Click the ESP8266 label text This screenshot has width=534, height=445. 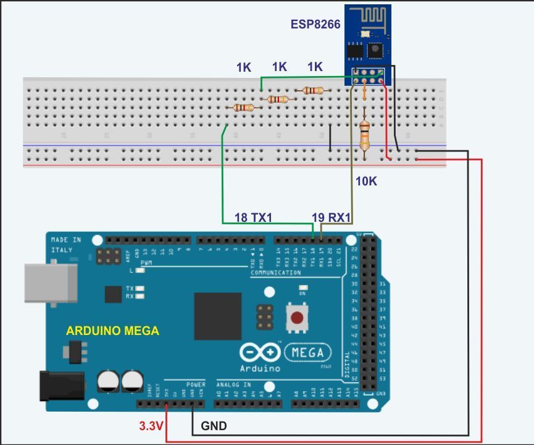[315, 25]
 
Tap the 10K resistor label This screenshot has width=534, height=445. [366, 181]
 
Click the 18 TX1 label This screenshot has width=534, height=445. [253, 218]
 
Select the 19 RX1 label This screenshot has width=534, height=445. [332, 218]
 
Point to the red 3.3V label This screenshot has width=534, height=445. [151, 426]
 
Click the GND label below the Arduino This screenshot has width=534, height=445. [214, 426]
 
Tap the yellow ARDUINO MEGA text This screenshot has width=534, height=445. [112, 331]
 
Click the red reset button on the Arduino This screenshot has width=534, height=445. [298, 318]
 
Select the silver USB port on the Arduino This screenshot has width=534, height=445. [51, 285]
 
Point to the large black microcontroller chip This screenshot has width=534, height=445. [217, 316]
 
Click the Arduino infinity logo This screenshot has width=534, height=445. [260, 352]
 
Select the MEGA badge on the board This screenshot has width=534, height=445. [307, 352]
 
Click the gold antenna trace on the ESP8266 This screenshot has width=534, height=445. [368, 17]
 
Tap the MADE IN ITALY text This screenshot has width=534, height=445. [65, 245]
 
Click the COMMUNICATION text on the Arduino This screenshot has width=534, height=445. [276, 273]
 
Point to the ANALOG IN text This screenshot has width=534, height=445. [234, 384]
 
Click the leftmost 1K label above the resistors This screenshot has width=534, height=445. [244, 67]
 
